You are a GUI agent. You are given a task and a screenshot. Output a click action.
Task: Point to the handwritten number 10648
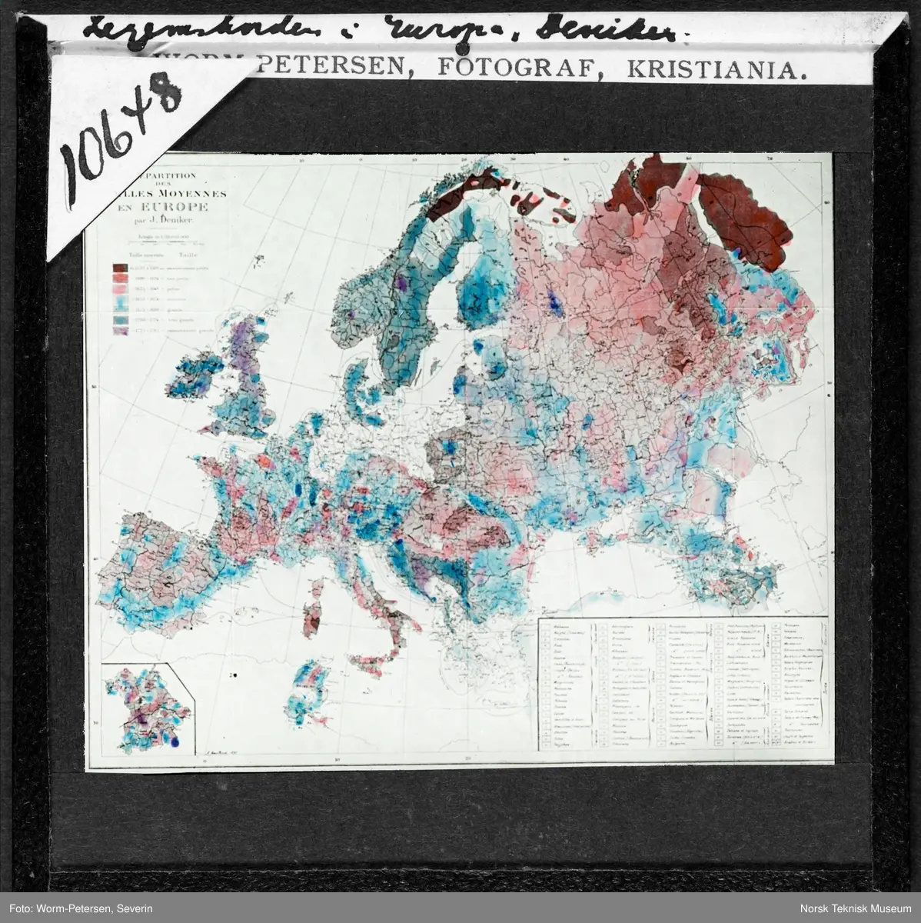coord(123,137)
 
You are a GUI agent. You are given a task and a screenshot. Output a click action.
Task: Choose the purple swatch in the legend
coord(121,331)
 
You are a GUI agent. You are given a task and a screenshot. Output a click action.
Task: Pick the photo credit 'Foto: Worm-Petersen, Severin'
coord(82,908)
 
